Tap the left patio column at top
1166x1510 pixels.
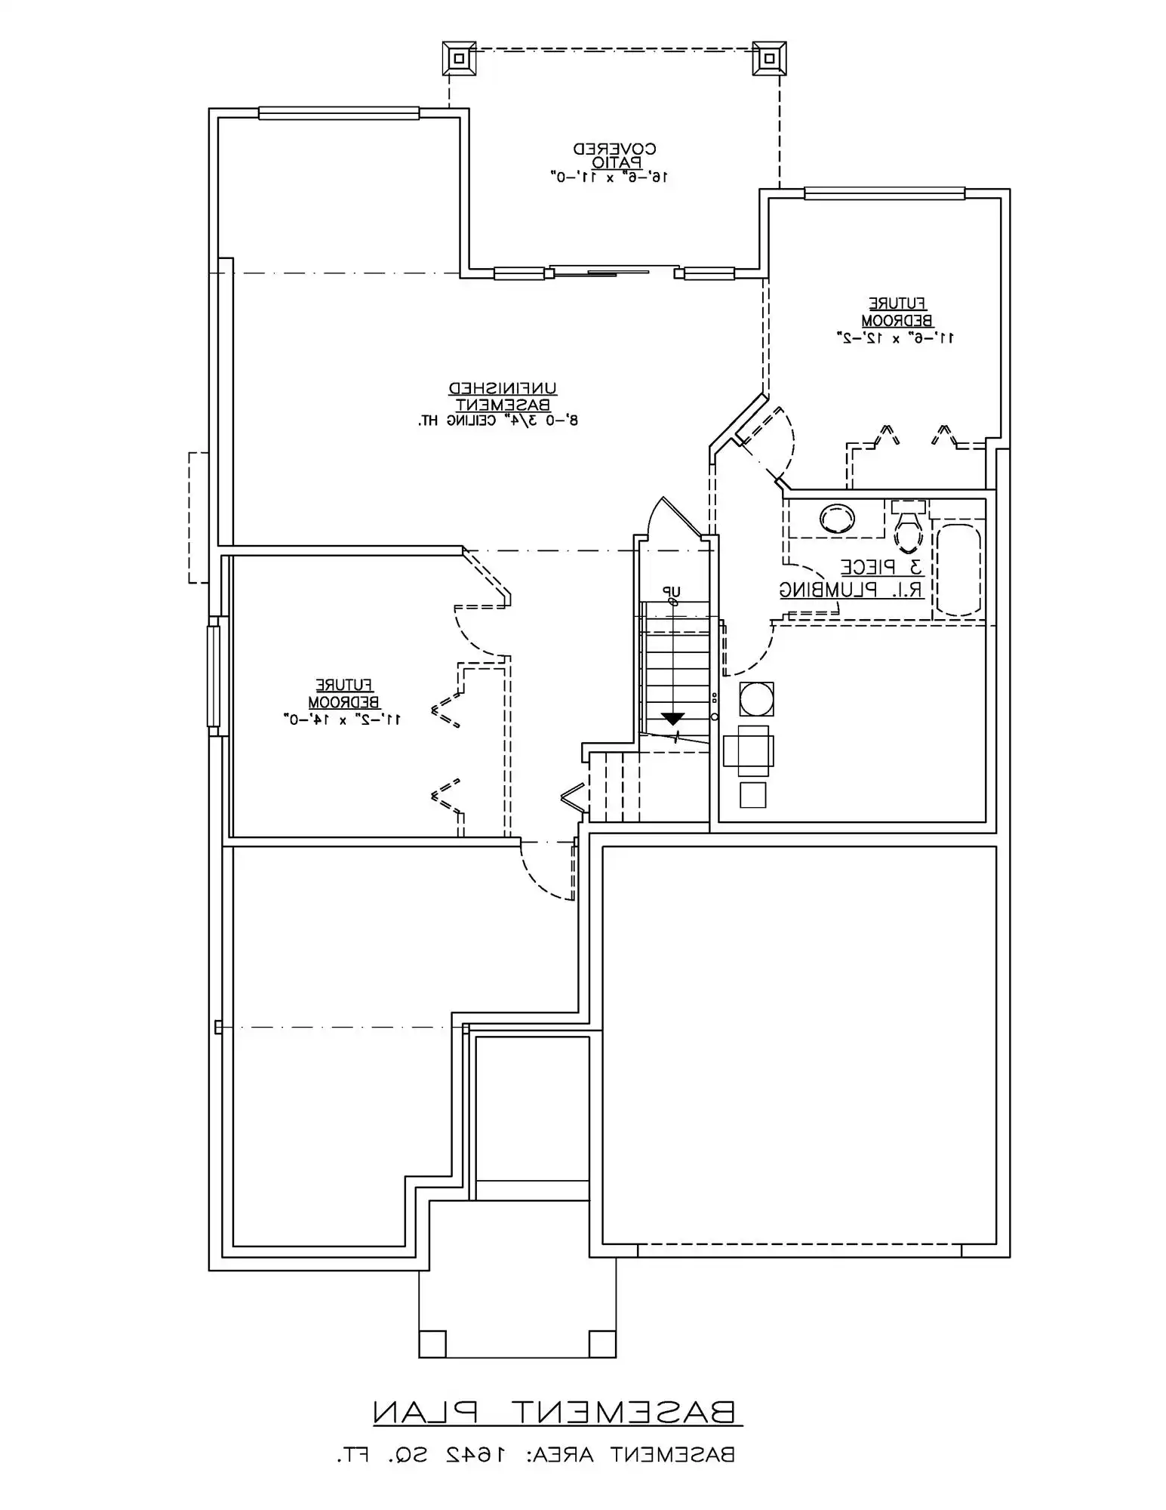[x=459, y=58]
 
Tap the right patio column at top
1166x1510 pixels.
[x=769, y=58]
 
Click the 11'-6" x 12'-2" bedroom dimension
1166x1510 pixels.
[x=895, y=337]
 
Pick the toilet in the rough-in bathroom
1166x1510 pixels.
[x=908, y=525]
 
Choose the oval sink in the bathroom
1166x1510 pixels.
[x=837, y=518]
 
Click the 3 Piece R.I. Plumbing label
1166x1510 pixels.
[x=853, y=579]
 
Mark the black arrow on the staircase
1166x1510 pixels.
[x=672, y=719]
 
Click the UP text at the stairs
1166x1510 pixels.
[x=671, y=591]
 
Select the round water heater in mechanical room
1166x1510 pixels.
[x=756, y=699]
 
